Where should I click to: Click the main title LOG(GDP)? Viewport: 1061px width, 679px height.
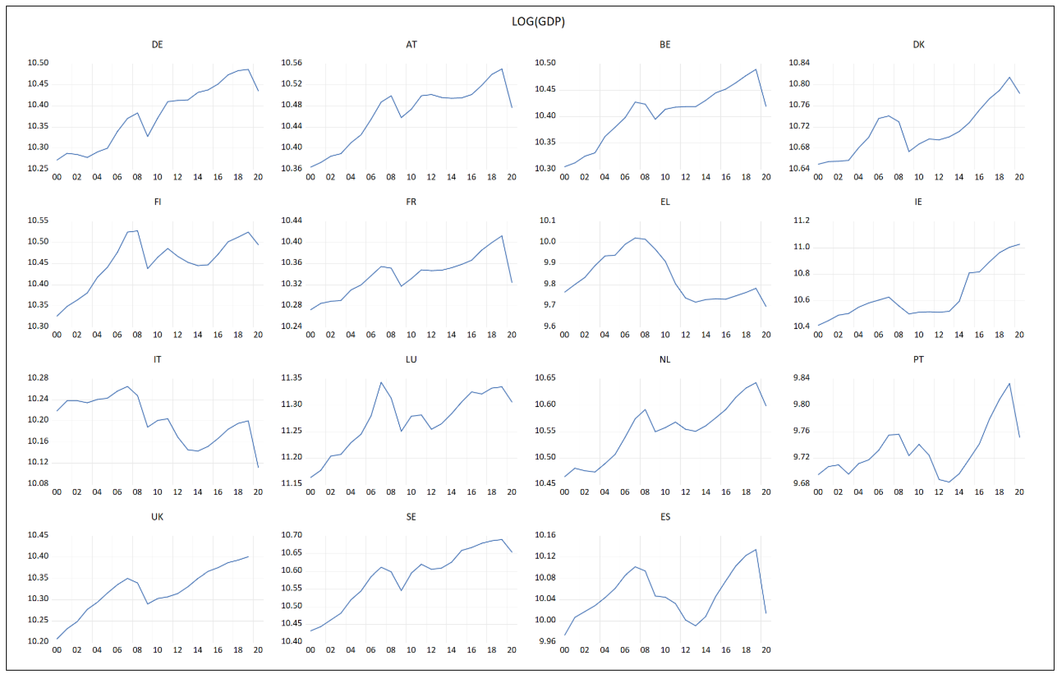point(538,21)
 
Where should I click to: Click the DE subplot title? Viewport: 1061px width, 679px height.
point(157,44)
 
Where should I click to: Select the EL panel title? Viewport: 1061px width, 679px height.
point(665,202)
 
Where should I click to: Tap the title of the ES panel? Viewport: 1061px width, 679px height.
point(665,517)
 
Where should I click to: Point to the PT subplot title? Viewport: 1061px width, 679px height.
point(918,359)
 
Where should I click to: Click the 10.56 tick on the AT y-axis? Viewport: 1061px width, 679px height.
point(291,63)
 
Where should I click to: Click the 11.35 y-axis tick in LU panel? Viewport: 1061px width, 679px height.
point(291,377)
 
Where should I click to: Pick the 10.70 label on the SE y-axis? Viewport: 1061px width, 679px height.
point(291,535)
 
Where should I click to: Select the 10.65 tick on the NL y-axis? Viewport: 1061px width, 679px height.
point(545,377)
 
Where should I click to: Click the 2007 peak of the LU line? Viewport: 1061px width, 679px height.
point(381,382)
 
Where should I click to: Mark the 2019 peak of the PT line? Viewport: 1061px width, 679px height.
point(1010,383)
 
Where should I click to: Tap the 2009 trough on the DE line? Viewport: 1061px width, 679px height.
point(148,136)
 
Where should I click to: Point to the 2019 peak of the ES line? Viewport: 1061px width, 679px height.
point(756,549)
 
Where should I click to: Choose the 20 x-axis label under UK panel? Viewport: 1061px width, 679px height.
point(258,650)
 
